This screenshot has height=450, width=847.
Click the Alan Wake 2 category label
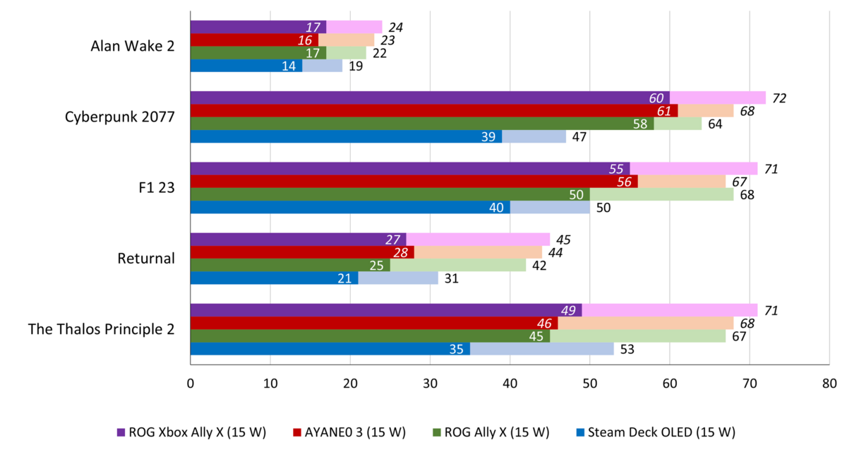[133, 47]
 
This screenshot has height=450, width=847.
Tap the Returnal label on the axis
[146, 259]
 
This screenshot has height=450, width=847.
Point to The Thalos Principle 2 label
[102, 329]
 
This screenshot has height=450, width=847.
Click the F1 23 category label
[155, 188]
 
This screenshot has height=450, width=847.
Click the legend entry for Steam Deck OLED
[656, 432]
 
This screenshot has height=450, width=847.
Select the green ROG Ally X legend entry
[493, 432]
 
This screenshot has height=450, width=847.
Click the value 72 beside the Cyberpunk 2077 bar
[779, 98]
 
